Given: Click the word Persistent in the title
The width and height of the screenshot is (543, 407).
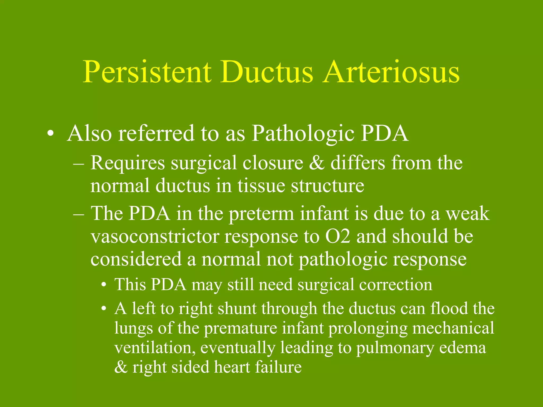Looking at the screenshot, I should [x=147, y=72].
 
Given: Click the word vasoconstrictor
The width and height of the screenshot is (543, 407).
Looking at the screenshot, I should [x=155, y=237].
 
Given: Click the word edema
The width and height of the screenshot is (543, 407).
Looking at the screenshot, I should [x=463, y=348].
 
